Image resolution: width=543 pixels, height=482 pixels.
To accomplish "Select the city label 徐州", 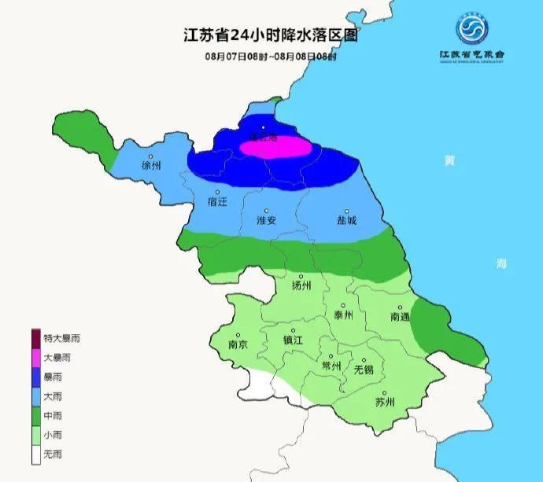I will coord(151,166).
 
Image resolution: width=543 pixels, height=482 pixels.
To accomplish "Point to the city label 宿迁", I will coord(216,202).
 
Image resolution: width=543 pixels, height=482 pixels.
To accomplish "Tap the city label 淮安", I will coord(267,221).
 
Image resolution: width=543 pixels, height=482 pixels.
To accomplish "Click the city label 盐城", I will coord(346,221).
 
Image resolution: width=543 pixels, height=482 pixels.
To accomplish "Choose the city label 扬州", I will coord(302,285).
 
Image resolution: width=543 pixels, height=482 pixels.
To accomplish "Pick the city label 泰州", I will coord(344,315).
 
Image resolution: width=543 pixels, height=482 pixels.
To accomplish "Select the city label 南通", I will coord(400,317).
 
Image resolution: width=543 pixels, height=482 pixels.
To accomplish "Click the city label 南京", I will coord(238,344).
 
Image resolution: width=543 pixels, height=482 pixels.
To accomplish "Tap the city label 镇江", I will coord(294,340).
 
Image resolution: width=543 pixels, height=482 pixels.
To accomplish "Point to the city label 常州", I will coord(331,366).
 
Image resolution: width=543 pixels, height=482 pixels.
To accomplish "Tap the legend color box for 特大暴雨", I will coord(35,338).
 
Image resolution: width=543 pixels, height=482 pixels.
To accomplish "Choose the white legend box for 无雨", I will coord(35,454).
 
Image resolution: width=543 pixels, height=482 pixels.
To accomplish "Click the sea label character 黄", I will coord(449,161).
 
